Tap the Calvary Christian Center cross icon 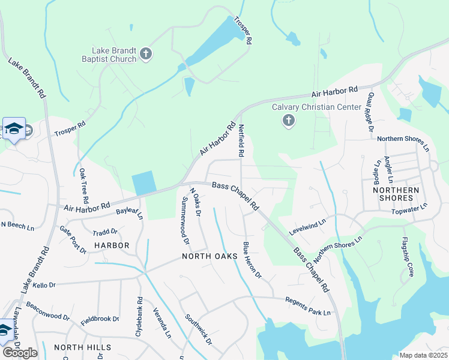point(289,121)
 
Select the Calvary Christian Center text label point(308,107)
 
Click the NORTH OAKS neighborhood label point(207,256)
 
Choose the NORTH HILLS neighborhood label point(82,347)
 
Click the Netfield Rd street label point(241,140)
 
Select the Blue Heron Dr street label point(252,260)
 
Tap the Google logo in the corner point(20,352)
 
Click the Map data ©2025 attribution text point(423,355)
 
